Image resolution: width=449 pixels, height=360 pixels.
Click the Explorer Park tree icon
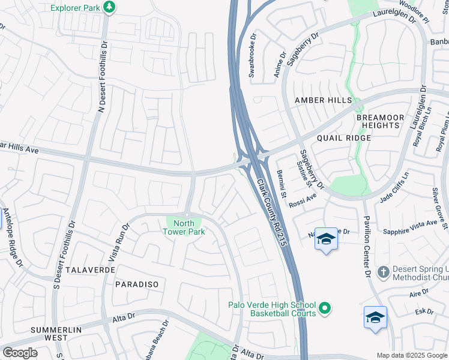tap(109, 7)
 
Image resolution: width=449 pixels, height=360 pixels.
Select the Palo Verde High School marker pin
tap(325, 308)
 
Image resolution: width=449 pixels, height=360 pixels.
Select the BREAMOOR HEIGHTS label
tap(378, 121)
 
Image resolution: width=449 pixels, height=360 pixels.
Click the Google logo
tap(20, 353)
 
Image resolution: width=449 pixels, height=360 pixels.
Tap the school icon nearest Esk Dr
tap(375, 317)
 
